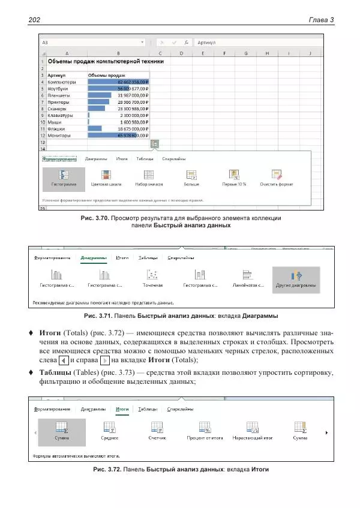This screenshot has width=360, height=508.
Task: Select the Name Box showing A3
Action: (x=90, y=43)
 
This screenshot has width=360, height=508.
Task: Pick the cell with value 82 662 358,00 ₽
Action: (x=118, y=82)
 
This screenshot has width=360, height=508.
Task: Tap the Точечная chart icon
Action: (x=152, y=276)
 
